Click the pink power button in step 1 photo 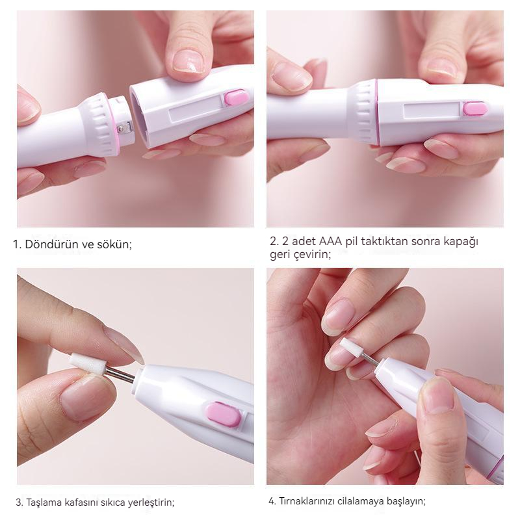click(x=237, y=98)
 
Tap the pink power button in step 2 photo click(x=475, y=109)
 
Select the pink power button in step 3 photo click(x=224, y=414)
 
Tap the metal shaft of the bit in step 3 click(x=121, y=374)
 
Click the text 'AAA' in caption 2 click(x=330, y=241)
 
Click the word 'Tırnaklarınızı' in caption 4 click(x=306, y=501)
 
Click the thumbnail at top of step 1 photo click(x=188, y=60)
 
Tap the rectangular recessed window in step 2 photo click(x=432, y=114)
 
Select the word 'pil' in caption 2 click(x=351, y=242)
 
